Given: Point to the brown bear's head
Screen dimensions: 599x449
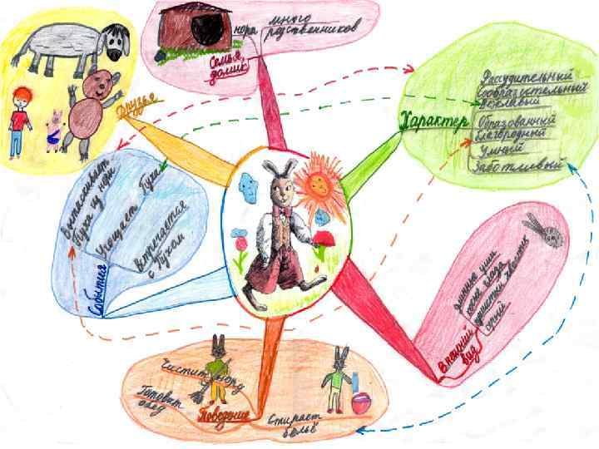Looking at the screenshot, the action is point(98,86).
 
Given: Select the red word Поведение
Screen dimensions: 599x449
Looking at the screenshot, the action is point(224,412).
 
